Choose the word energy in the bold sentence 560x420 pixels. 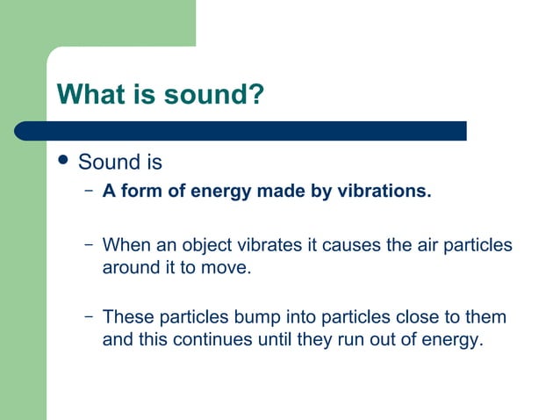pos(219,191)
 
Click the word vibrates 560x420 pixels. pos(264,244)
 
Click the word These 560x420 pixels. pos(128,316)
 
